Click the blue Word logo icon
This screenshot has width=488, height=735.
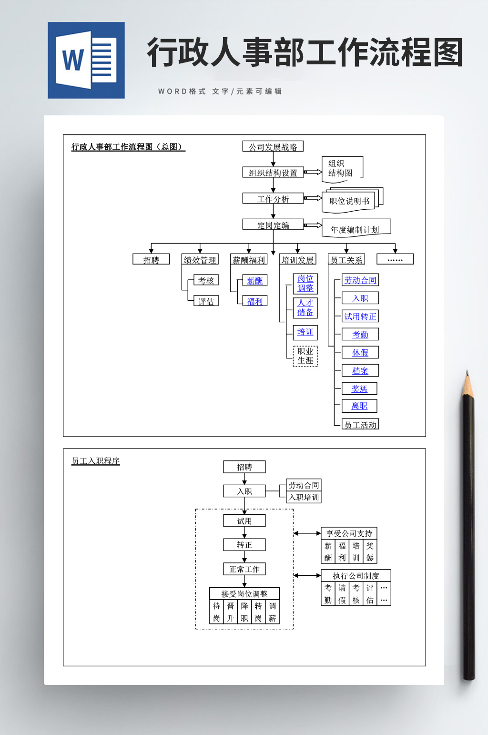86,61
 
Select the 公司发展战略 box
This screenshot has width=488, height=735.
273,147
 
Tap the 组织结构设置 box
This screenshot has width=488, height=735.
273,173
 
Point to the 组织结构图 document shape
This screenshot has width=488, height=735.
341,169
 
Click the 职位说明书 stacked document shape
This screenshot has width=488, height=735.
350,201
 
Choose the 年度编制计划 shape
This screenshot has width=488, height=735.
355,229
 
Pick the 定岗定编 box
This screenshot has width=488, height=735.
273,225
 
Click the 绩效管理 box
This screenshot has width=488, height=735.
200,259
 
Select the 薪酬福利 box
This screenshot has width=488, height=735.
248,259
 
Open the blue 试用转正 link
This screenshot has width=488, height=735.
360,316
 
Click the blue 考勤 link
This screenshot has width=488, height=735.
360,334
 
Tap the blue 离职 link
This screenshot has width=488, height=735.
359,406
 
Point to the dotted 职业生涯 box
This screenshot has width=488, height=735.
305,356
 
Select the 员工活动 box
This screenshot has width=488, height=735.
360,424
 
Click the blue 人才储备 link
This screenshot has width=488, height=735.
305,307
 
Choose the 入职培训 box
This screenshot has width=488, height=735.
304,497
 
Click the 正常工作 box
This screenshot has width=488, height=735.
244,569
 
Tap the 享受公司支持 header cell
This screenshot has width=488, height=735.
349,533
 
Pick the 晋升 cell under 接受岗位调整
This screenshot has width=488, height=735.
230,612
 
